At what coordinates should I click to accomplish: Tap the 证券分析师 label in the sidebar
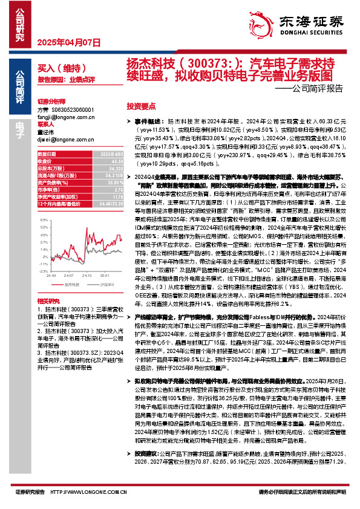(x=51, y=102)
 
